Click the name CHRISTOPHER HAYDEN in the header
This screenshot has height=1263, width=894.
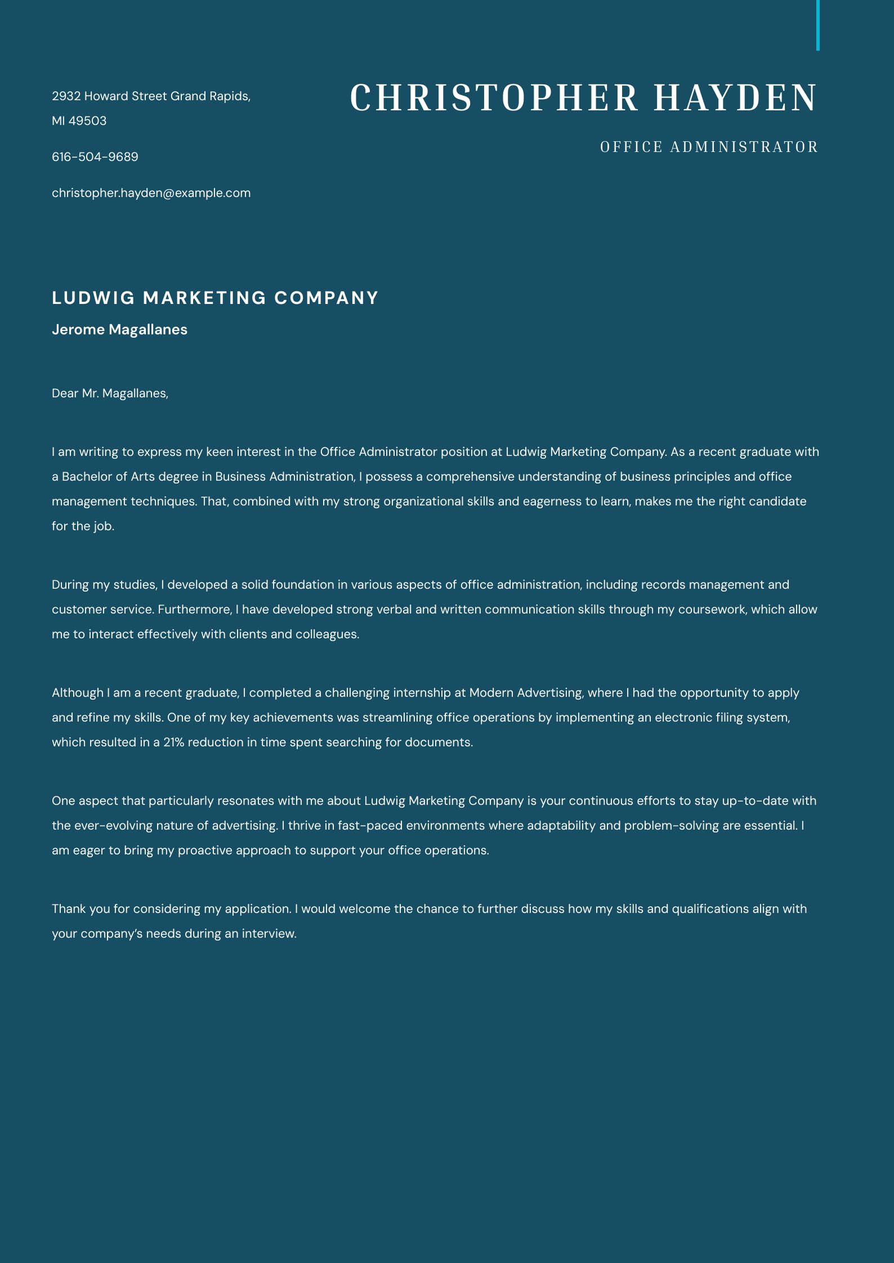583,97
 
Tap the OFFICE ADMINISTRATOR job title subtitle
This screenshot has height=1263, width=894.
709,147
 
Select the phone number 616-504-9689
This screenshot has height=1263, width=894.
95,156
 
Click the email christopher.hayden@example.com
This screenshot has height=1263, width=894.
151,192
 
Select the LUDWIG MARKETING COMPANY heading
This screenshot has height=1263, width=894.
214,298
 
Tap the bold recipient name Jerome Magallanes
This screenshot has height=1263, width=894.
119,329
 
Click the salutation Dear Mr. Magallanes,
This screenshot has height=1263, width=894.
110,393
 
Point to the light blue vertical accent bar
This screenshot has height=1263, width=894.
817,25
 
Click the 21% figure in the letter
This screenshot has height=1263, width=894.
173,742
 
